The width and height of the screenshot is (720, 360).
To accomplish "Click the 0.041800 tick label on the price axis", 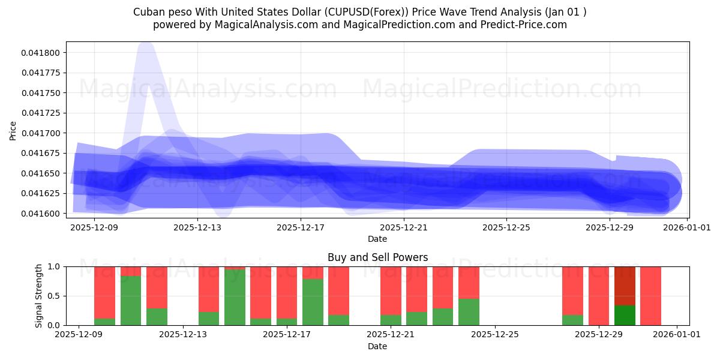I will click(x=40, y=53).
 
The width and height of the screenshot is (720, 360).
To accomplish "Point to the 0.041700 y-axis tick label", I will click(x=40, y=133).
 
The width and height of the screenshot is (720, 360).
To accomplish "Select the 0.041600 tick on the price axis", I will click(x=40, y=214).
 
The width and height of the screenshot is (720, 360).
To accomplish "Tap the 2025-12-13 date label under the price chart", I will click(x=197, y=227).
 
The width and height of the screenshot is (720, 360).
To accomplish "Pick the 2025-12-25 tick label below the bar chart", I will click(x=495, y=335).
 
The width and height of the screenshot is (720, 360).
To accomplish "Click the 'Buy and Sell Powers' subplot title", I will click(x=377, y=257).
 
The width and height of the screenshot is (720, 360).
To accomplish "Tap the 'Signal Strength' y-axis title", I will click(x=39, y=296).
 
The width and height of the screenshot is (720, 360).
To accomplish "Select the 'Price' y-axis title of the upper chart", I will click(x=13, y=130).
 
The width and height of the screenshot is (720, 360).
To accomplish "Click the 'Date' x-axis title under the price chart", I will click(x=377, y=239).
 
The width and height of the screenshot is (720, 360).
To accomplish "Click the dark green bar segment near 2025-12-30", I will click(x=625, y=315).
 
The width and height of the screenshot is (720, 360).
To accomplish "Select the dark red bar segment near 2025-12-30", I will click(x=625, y=286).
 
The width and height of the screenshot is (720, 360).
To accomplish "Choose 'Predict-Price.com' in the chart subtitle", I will click(x=527, y=25).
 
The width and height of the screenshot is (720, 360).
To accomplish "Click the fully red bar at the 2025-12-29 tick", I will click(x=599, y=296).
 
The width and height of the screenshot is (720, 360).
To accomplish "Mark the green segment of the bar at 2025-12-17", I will click(x=287, y=322).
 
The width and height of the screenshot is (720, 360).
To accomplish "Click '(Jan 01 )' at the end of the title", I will click(x=565, y=12).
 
